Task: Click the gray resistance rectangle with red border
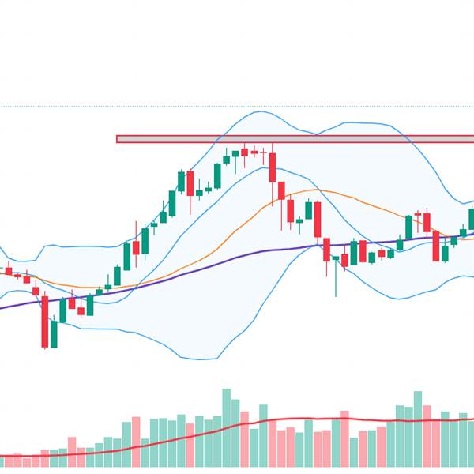[292, 139]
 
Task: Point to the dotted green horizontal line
[237, 107]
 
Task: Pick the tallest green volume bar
[227, 427]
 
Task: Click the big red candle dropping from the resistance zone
[273, 167]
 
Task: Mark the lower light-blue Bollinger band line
[158, 340]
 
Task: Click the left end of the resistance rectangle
[118, 139]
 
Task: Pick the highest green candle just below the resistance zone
[245, 152]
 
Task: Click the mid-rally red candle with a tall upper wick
[136, 247]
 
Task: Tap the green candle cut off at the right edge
[471, 218]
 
